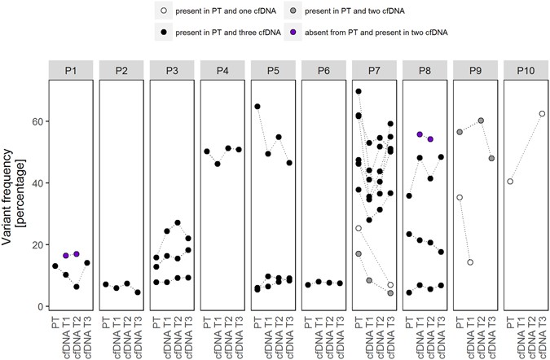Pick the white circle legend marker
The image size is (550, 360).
coord(165,11)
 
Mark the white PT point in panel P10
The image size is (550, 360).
coord(510,182)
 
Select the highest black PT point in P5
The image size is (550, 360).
coord(257,107)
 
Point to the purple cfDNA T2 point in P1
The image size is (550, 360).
coord(76,254)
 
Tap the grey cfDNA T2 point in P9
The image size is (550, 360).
coord(481,121)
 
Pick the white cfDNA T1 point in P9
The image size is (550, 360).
coord(470,262)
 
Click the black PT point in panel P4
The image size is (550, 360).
coord(207,151)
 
